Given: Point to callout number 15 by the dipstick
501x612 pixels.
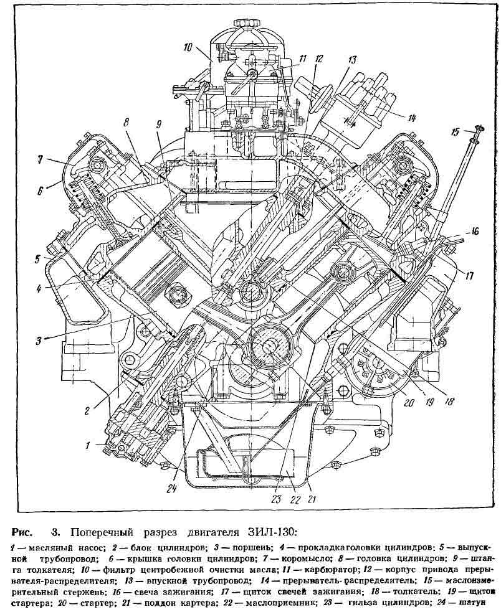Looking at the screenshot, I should [x=456, y=132].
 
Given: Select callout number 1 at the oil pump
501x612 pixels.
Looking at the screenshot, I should [x=89, y=445].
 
